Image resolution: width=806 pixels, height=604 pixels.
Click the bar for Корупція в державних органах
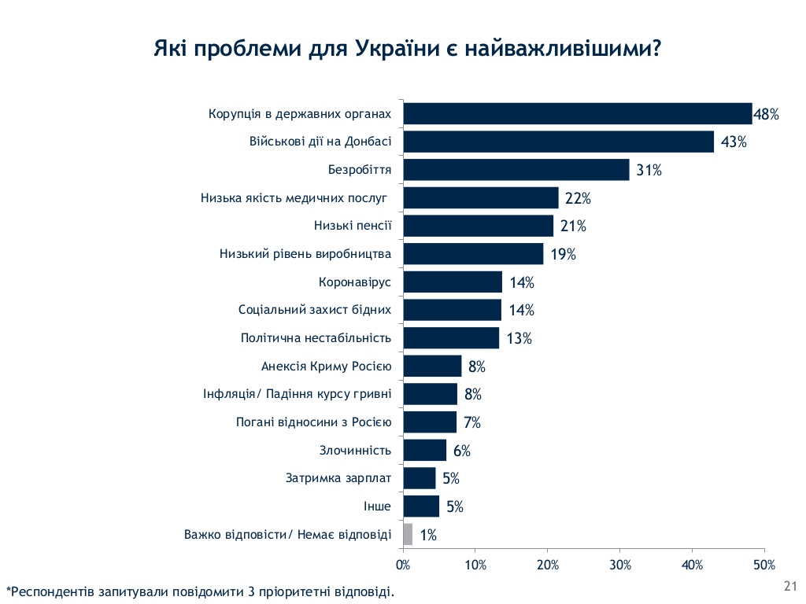pyautogui.click(x=577, y=114)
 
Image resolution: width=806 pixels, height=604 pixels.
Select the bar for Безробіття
pyautogui.click(x=516, y=170)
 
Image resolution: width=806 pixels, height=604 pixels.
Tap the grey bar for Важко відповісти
pyautogui.click(x=408, y=535)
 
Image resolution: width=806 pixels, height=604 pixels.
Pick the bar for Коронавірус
pyautogui.click(x=452, y=282)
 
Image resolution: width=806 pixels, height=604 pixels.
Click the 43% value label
pyautogui.click(x=733, y=142)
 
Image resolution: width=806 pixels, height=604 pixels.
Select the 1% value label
pyautogui.click(x=428, y=535)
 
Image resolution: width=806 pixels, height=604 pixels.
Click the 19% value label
pyautogui.click(x=563, y=254)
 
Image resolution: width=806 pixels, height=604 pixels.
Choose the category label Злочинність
pyautogui.click(x=355, y=451)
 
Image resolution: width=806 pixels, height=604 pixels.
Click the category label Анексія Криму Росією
pyautogui.click(x=326, y=366)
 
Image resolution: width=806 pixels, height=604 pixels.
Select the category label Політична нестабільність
pyautogui.click(x=316, y=338)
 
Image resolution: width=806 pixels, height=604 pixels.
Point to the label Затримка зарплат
pyautogui.click(x=338, y=478)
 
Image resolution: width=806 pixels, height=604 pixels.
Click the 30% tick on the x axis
pyautogui.click(x=619, y=565)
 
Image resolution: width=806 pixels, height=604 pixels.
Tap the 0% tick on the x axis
pyautogui.click(x=403, y=565)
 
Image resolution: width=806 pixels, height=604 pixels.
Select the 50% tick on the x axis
pyautogui.click(x=763, y=565)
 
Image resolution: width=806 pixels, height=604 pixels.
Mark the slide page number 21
pyautogui.click(x=790, y=585)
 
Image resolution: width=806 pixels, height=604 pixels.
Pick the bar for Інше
pyautogui.click(x=420, y=506)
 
